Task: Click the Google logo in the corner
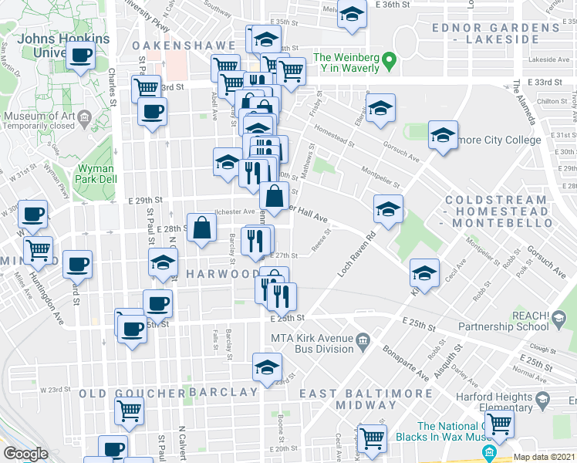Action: pos(25,454)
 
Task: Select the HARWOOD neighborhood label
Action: pos(223,274)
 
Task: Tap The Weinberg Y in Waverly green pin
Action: pos(390,59)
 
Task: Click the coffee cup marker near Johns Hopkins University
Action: pos(81,56)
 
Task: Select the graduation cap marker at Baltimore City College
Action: pos(443,135)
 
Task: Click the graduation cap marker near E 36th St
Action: pos(352,14)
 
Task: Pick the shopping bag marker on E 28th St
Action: pos(201,228)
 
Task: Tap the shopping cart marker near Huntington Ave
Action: pos(38,249)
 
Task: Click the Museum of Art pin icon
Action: pos(84,117)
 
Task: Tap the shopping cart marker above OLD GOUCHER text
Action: pos(129,410)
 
